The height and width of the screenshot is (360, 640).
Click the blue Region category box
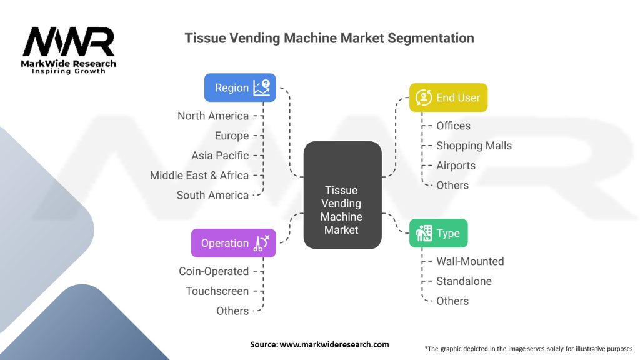(x=240, y=87)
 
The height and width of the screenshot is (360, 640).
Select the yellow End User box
(x=448, y=97)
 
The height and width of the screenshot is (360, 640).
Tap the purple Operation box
(x=234, y=243)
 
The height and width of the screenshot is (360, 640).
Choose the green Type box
(x=438, y=233)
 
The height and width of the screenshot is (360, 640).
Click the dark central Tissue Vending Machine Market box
(x=342, y=195)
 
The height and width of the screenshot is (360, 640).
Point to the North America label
(x=213, y=116)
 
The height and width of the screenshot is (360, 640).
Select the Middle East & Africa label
(x=199, y=176)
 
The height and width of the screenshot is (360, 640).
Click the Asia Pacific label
(x=220, y=156)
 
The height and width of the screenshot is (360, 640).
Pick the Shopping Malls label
(x=474, y=146)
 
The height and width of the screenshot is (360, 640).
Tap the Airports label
(x=456, y=166)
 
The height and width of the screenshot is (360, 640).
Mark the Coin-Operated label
(x=214, y=271)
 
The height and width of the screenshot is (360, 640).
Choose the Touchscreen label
(x=217, y=291)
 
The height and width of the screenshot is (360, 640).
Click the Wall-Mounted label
(x=470, y=261)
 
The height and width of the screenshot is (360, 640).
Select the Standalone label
(x=464, y=281)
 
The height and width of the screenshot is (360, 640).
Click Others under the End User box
(x=452, y=185)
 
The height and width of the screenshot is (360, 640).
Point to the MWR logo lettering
(x=69, y=42)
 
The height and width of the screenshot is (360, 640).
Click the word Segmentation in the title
(x=431, y=38)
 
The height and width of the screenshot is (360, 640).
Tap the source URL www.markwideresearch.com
(x=334, y=344)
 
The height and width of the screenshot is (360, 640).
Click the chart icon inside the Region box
(x=262, y=87)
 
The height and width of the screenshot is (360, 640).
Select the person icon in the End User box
(x=424, y=97)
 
